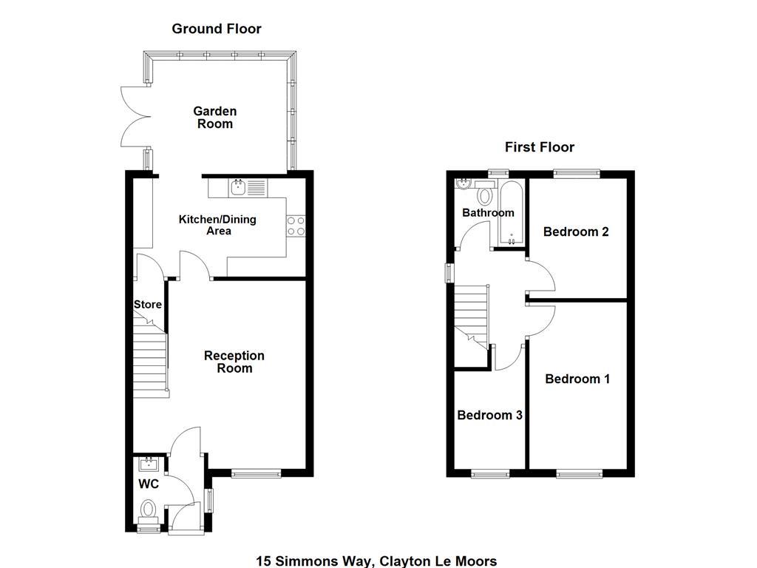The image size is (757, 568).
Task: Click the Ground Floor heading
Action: (x=216, y=29)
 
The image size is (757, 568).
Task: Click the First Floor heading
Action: (x=539, y=147)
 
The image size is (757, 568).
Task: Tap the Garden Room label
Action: (x=215, y=118)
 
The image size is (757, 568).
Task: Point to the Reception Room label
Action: (x=234, y=362)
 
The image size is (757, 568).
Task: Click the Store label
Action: (x=147, y=304)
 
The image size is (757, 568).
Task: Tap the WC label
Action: (x=149, y=484)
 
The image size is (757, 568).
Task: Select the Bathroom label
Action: (x=488, y=213)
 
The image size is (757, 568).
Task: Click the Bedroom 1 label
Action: (x=577, y=379)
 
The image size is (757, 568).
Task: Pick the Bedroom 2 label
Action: (x=576, y=231)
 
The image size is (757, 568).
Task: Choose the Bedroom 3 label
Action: (x=489, y=415)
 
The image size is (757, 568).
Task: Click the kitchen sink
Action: (x=239, y=188)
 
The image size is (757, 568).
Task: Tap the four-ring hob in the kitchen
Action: (x=296, y=226)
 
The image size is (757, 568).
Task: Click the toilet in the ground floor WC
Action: (x=149, y=510)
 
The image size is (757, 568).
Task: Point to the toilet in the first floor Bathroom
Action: (x=485, y=195)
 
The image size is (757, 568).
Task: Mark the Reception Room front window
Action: (x=256, y=473)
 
